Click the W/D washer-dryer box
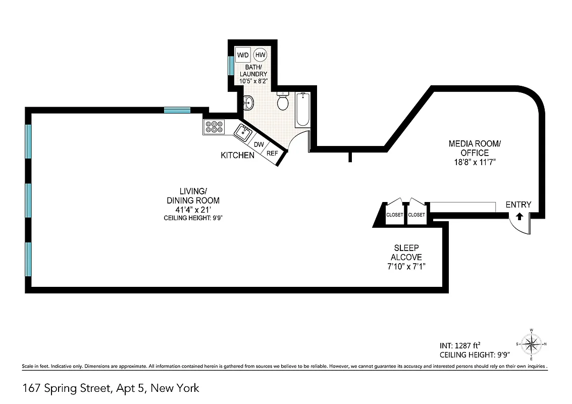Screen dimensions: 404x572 (x=243, y=55)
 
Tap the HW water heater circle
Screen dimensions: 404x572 (x=261, y=55)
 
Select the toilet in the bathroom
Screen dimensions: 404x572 (x=283, y=102)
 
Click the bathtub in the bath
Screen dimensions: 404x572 (x=302, y=109)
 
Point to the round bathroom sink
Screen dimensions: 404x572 (x=248, y=103)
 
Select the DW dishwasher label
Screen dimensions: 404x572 (x=259, y=144)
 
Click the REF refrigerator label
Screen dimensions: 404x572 (x=272, y=153)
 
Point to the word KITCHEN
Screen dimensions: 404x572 (x=237, y=155)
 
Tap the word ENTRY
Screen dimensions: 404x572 (x=518, y=205)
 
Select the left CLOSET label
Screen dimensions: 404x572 (x=395, y=215)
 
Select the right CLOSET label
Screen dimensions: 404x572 (x=417, y=215)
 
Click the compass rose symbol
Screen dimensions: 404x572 (x=531, y=344)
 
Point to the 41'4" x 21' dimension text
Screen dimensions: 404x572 (x=193, y=209)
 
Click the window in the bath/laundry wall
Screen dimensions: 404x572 (x=231, y=65)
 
